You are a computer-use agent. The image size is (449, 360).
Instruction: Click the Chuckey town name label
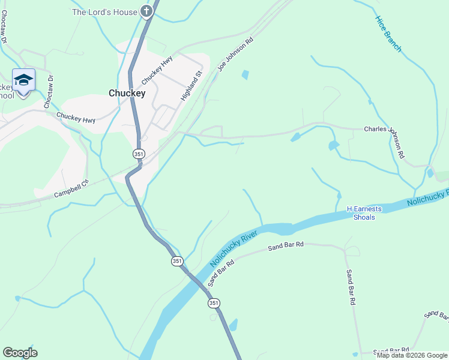coord(127,93)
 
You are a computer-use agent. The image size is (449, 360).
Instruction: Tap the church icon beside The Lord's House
coord(146,11)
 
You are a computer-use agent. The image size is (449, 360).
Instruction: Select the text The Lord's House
coord(104,11)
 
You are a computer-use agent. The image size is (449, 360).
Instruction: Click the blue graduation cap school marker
coord(23,81)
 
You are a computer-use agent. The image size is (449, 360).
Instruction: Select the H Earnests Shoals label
coord(364,212)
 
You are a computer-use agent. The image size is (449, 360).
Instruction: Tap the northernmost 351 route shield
coord(139,154)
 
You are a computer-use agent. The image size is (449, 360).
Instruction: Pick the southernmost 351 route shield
coord(214,304)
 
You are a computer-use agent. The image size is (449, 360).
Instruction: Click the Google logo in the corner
coord(20,353)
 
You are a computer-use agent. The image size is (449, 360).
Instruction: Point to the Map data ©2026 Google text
coord(412,355)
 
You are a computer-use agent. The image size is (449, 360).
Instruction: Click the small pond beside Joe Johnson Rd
coord(244,75)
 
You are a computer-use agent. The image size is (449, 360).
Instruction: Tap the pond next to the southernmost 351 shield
coord(233,325)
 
